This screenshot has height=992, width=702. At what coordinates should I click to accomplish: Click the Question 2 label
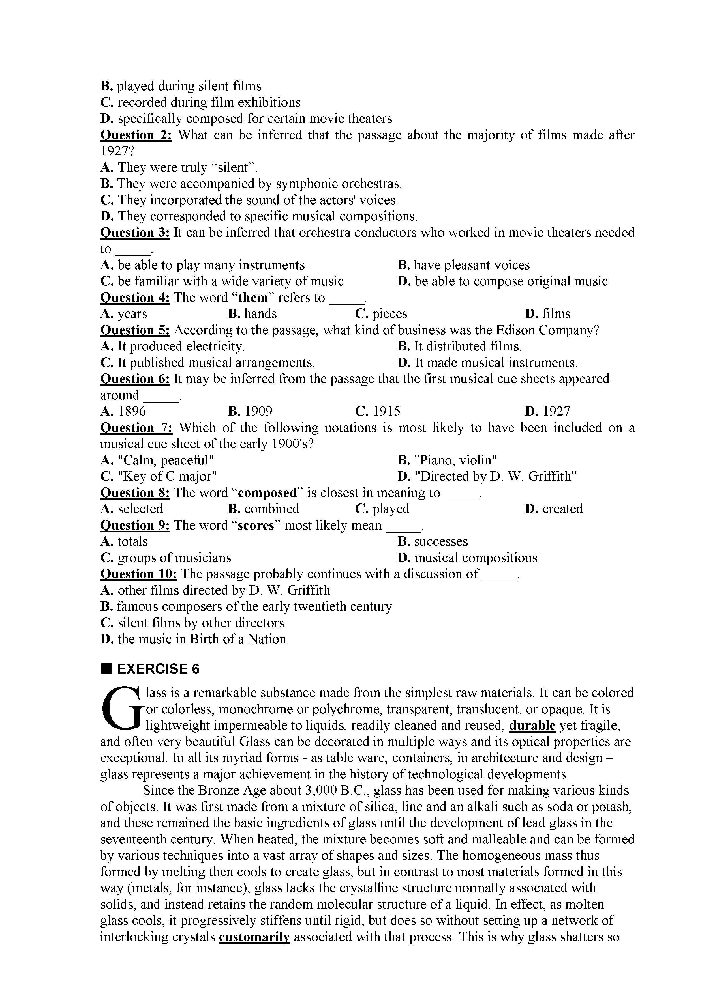136,135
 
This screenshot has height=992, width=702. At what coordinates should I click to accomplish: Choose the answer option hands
252,314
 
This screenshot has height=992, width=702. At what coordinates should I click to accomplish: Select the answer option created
554,509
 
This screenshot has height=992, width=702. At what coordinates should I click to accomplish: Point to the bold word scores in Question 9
256,525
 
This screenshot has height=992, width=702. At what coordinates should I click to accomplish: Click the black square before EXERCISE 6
106,669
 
